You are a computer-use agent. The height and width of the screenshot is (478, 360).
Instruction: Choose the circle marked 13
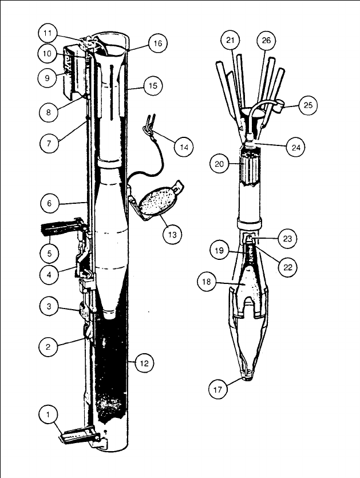[172, 234]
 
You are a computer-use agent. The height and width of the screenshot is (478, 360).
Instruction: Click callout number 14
[183, 147]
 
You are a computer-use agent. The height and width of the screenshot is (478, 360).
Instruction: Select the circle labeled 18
[207, 282]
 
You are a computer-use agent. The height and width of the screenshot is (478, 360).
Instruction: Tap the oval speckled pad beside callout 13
[156, 202]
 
